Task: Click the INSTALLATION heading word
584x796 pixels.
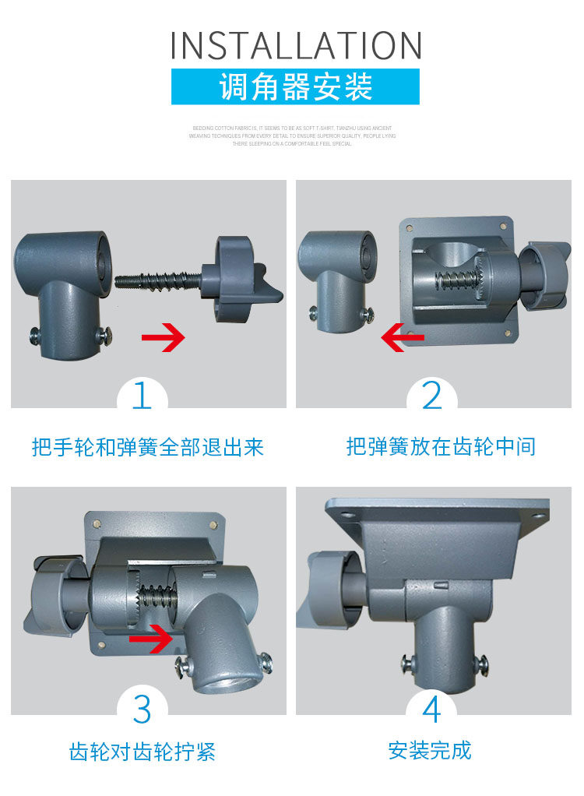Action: click(296, 45)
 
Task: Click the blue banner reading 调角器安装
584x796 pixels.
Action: click(295, 86)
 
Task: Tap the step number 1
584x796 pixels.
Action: click(142, 395)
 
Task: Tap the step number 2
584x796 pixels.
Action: click(431, 395)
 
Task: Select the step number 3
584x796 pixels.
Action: click(142, 708)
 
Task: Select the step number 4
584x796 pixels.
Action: click(431, 708)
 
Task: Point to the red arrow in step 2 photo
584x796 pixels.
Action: click(403, 337)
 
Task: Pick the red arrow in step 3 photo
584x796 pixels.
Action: click(151, 639)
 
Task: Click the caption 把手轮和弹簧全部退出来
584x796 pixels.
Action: click(148, 447)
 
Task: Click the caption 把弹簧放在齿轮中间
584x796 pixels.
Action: click(441, 447)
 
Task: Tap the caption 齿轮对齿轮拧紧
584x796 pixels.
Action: click(142, 752)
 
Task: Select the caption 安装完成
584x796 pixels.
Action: click(430, 751)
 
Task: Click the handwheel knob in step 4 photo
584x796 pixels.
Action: click(331, 588)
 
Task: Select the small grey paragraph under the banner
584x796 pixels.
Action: click(292, 136)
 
